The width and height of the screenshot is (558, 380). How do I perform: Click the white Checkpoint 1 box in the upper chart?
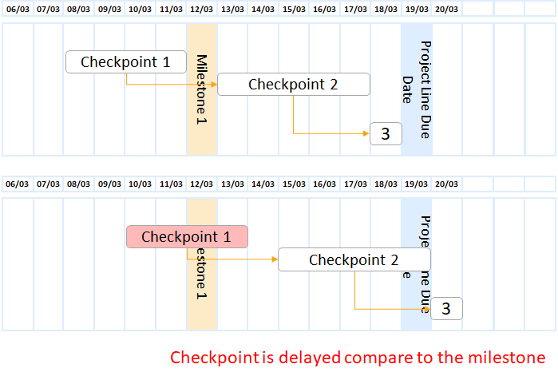(125, 61)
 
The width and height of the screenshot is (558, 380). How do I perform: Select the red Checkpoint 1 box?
(187, 236)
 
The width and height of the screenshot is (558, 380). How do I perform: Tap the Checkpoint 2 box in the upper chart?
(293, 84)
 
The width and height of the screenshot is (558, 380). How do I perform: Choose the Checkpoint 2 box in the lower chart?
(354, 259)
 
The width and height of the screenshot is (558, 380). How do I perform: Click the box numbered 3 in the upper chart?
(386, 133)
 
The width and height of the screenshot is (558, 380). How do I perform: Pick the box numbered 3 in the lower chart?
(446, 308)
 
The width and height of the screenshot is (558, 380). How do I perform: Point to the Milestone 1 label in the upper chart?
(202, 89)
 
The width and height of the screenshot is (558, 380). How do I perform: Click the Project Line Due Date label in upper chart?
(417, 73)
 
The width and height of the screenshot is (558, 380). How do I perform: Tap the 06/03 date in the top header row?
(17, 10)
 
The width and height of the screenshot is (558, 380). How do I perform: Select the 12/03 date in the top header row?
(202, 10)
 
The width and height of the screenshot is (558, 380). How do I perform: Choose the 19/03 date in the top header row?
(417, 10)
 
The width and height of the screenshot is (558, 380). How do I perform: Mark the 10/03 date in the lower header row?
(140, 184)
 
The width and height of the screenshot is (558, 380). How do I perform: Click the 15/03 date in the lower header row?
(294, 184)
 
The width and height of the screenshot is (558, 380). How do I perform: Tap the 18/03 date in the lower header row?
(386, 184)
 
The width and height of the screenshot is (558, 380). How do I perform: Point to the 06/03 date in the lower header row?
(17, 184)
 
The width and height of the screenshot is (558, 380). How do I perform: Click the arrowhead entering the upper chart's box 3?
(366, 133)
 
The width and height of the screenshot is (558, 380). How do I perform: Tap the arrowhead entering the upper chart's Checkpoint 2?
(215, 84)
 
